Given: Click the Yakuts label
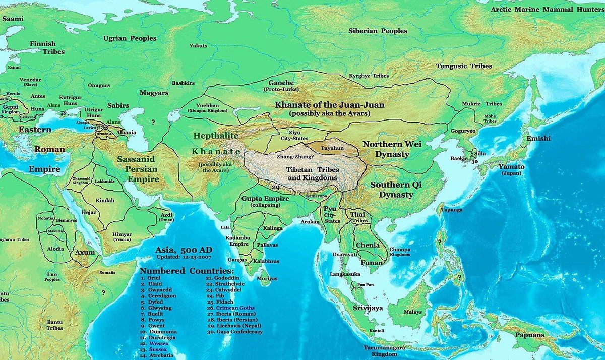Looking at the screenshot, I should (198, 46).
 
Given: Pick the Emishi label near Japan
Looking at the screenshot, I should (538, 138).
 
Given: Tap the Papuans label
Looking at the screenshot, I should (529, 335).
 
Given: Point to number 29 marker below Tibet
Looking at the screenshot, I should (275, 187).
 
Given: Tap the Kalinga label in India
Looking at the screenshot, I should (272, 228).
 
